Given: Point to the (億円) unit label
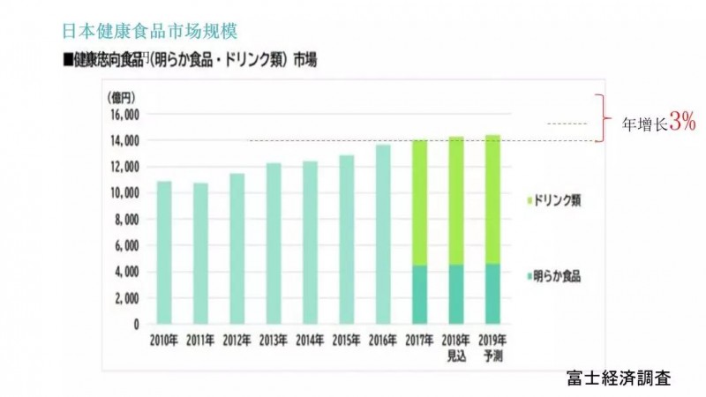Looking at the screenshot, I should click(117, 95).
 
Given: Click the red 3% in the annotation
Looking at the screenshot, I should click(682, 124).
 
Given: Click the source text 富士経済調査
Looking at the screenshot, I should click(619, 378).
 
